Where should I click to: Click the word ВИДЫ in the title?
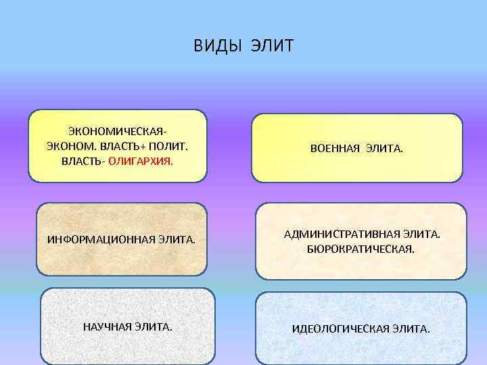click(216, 46)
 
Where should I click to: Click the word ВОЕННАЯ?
click(334, 147)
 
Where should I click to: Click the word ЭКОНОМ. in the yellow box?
click(66, 145)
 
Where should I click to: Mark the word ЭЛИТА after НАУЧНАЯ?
click(153, 327)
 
